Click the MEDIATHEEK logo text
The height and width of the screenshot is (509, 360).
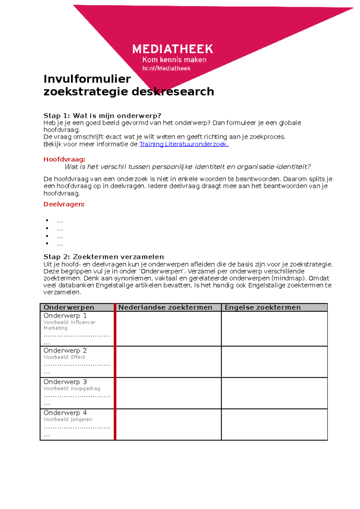pos(172,49)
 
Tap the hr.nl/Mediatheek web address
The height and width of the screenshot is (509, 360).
pos(166,68)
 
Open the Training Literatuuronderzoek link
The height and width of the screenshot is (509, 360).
pos(184,144)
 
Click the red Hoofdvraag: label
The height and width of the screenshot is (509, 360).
pos(64,159)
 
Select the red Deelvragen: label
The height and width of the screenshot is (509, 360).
pos(64,204)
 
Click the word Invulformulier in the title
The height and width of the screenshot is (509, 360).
pos(87,79)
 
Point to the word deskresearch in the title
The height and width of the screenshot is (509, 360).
pos(173,91)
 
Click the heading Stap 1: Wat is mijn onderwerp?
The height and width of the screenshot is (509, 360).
pos(102,116)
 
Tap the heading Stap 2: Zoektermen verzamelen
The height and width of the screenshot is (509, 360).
pos(103,257)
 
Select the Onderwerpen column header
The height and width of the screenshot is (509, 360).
pos(69,307)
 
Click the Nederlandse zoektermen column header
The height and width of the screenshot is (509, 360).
pos(165,307)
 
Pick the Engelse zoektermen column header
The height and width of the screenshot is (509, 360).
pos(262,307)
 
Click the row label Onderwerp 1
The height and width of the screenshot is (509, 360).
pos(65,316)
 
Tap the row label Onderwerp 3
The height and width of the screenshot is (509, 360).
pos(65,382)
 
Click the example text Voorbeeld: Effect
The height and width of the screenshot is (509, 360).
pos(64,357)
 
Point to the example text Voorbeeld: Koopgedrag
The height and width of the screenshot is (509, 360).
pos(72,388)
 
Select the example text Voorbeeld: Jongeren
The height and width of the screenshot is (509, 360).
pos(68,419)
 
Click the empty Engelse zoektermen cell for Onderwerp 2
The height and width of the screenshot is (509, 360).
pos(274,362)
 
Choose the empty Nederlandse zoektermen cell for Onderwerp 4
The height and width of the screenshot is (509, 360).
pos(169,424)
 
